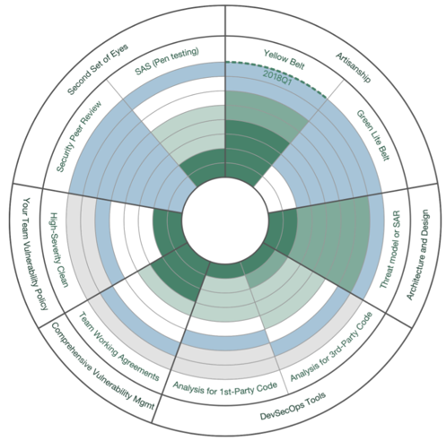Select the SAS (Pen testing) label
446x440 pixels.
[167, 61]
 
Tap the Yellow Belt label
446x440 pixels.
[284, 59]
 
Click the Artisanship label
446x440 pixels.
[354, 67]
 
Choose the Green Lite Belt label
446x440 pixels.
[373, 135]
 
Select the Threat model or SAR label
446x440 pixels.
[390, 249]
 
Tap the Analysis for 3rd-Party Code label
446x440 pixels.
[331, 347]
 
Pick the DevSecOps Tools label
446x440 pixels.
[293, 407]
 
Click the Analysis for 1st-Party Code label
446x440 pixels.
[225, 388]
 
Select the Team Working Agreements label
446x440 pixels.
[118, 347]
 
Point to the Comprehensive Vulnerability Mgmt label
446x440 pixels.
[103, 366]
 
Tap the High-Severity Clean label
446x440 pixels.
[58, 250]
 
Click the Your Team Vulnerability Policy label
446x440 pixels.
[35, 254]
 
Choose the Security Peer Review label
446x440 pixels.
[79, 136]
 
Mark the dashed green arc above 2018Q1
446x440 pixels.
[279, 73]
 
